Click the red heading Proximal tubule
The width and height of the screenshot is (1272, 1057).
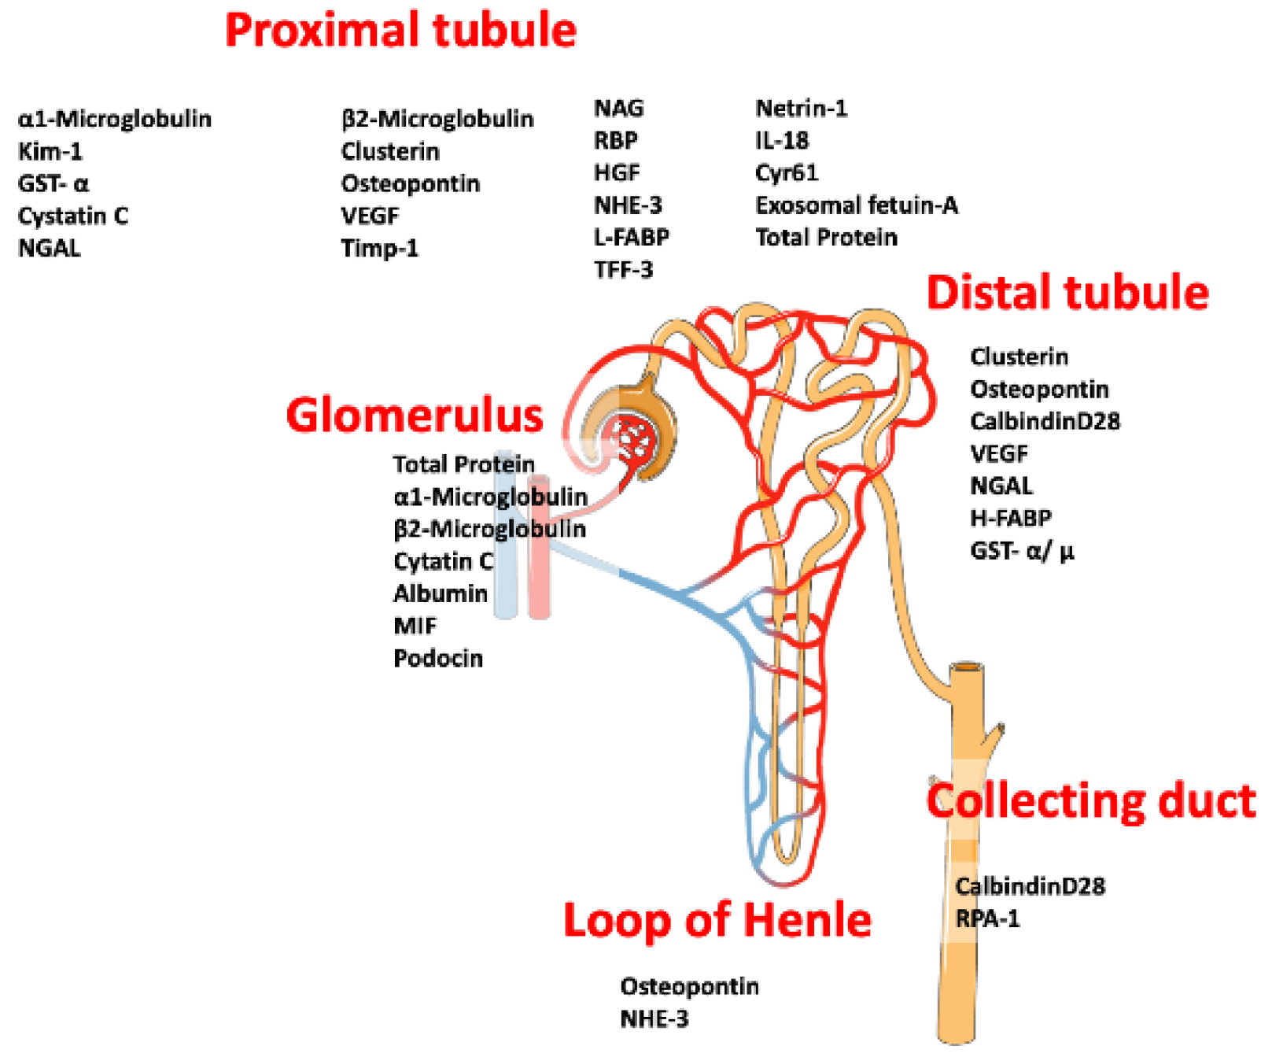click(400, 31)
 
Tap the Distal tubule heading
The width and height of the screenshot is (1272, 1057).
click(1067, 293)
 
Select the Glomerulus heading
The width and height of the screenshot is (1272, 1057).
click(415, 415)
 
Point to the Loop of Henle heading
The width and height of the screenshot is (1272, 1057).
click(717, 919)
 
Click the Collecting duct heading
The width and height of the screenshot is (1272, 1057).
click(1091, 801)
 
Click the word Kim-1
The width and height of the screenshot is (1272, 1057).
click(50, 151)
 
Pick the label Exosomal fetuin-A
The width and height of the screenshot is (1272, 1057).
click(856, 205)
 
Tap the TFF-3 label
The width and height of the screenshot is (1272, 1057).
click(623, 270)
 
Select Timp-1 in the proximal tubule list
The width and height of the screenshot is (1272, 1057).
click(379, 248)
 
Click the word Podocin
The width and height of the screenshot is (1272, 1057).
click(437, 658)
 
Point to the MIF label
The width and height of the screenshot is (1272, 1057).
click(415, 626)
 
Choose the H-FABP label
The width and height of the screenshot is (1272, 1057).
click(1010, 518)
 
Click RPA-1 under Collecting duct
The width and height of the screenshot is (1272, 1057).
click(987, 918)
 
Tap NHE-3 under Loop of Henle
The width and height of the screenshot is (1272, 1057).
click(654, 1018)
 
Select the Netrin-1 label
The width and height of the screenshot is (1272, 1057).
click(801, 108)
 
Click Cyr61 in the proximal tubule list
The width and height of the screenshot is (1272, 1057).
click(786, 172)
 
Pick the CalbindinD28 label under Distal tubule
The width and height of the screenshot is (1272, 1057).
click(1045, 421)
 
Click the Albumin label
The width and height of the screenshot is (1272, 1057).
click(440, 593)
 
